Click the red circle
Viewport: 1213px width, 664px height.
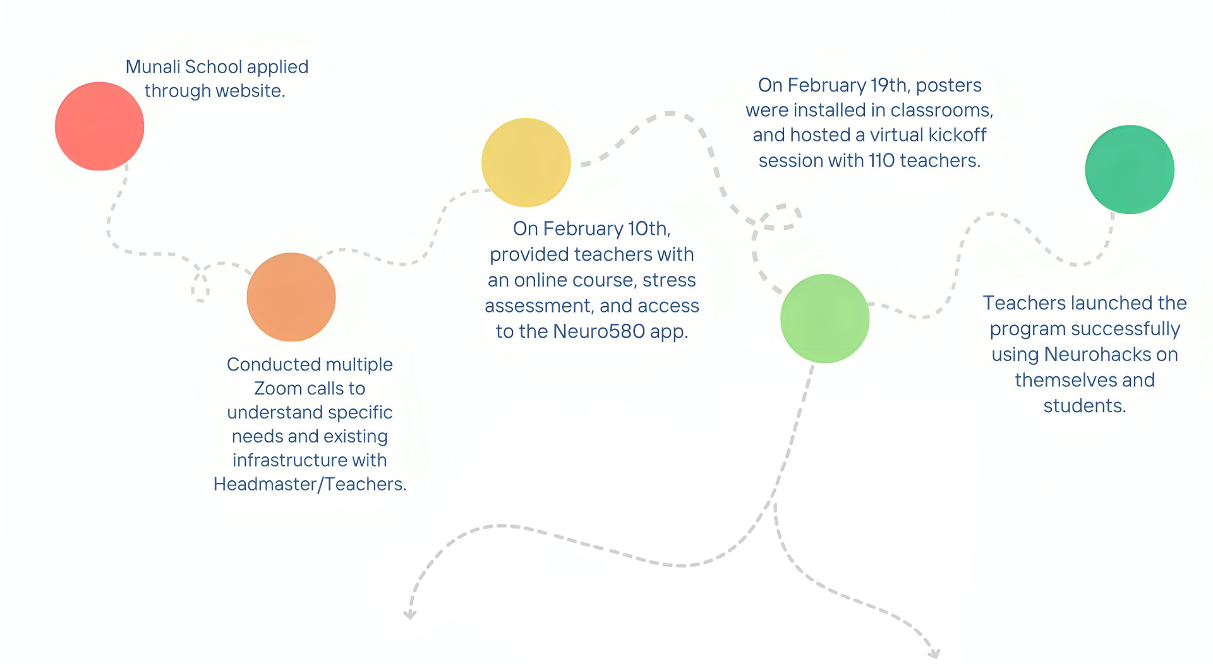[99, 126]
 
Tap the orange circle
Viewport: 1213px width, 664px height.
[291, 297]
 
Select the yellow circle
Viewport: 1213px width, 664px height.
[526, 162]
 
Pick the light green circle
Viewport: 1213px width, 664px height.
[825, 319]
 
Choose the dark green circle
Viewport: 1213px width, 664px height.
[1130, 169]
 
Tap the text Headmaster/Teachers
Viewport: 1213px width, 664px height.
[310, 484]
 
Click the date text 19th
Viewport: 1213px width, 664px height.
[891, 85]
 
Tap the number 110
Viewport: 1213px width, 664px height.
[881, 161]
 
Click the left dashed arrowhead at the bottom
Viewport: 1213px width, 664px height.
[409, 614]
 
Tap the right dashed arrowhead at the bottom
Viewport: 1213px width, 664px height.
[934, 653]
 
